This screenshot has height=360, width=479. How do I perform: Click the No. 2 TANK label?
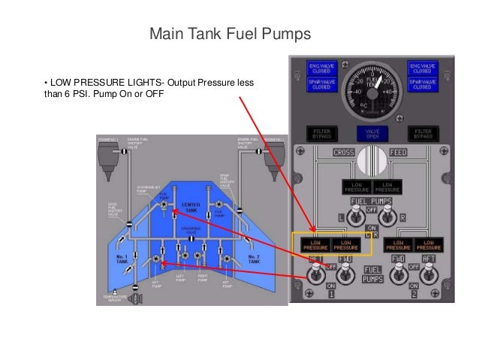click(255, 259)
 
